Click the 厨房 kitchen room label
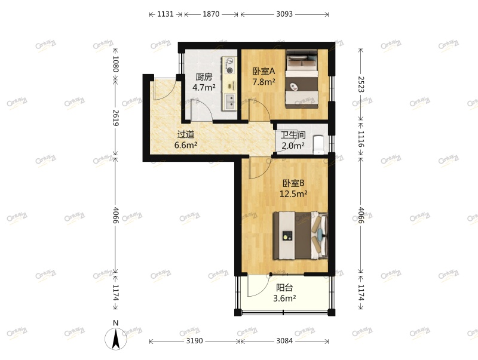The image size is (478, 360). tap(204, 76)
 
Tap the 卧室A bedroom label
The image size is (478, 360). tap(263, 70)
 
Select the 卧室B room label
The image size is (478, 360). tap(293, 183)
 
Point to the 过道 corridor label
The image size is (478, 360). tap(185, 134)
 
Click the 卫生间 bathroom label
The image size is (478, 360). tap(293, 135)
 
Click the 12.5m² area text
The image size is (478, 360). tap(293, 193)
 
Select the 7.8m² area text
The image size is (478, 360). tap(263, 81)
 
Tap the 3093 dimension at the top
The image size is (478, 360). tap(284, 14)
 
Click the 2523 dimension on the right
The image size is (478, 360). tap(361, 84)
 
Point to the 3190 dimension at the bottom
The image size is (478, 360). tap(194, 341)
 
